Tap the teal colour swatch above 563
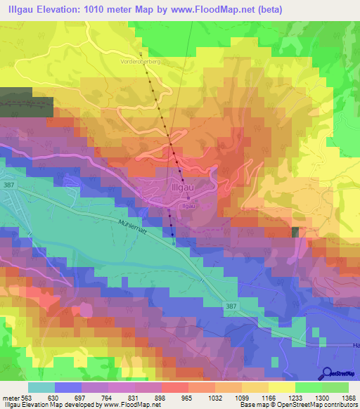(41, 387)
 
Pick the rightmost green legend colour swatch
(335, 387)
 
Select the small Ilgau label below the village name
(188, 205)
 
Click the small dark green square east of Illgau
(295, 233)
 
